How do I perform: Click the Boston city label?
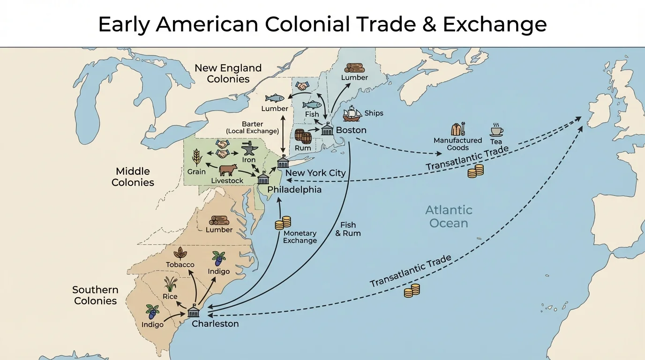click(351, 130)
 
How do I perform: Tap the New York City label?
click(315, 173)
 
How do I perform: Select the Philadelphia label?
click(294, 190)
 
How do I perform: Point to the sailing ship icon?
click(352, 114)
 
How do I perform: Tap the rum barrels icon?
click(303, 136)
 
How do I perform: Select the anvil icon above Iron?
click(248, 149)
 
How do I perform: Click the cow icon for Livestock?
click(228, 170)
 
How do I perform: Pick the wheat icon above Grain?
click(196, 157)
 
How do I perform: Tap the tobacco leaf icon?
click(180, 253)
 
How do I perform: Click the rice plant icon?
click(170, 284)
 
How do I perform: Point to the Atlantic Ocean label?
click(449, 217)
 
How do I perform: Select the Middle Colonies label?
click(133, 177)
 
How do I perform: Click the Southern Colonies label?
click(95, 295)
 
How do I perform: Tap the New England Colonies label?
click(228, 74)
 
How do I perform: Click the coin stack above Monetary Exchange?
click(283, 222)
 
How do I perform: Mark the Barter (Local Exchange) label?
click(252, 127)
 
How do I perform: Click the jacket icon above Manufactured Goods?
click(458, 129)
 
